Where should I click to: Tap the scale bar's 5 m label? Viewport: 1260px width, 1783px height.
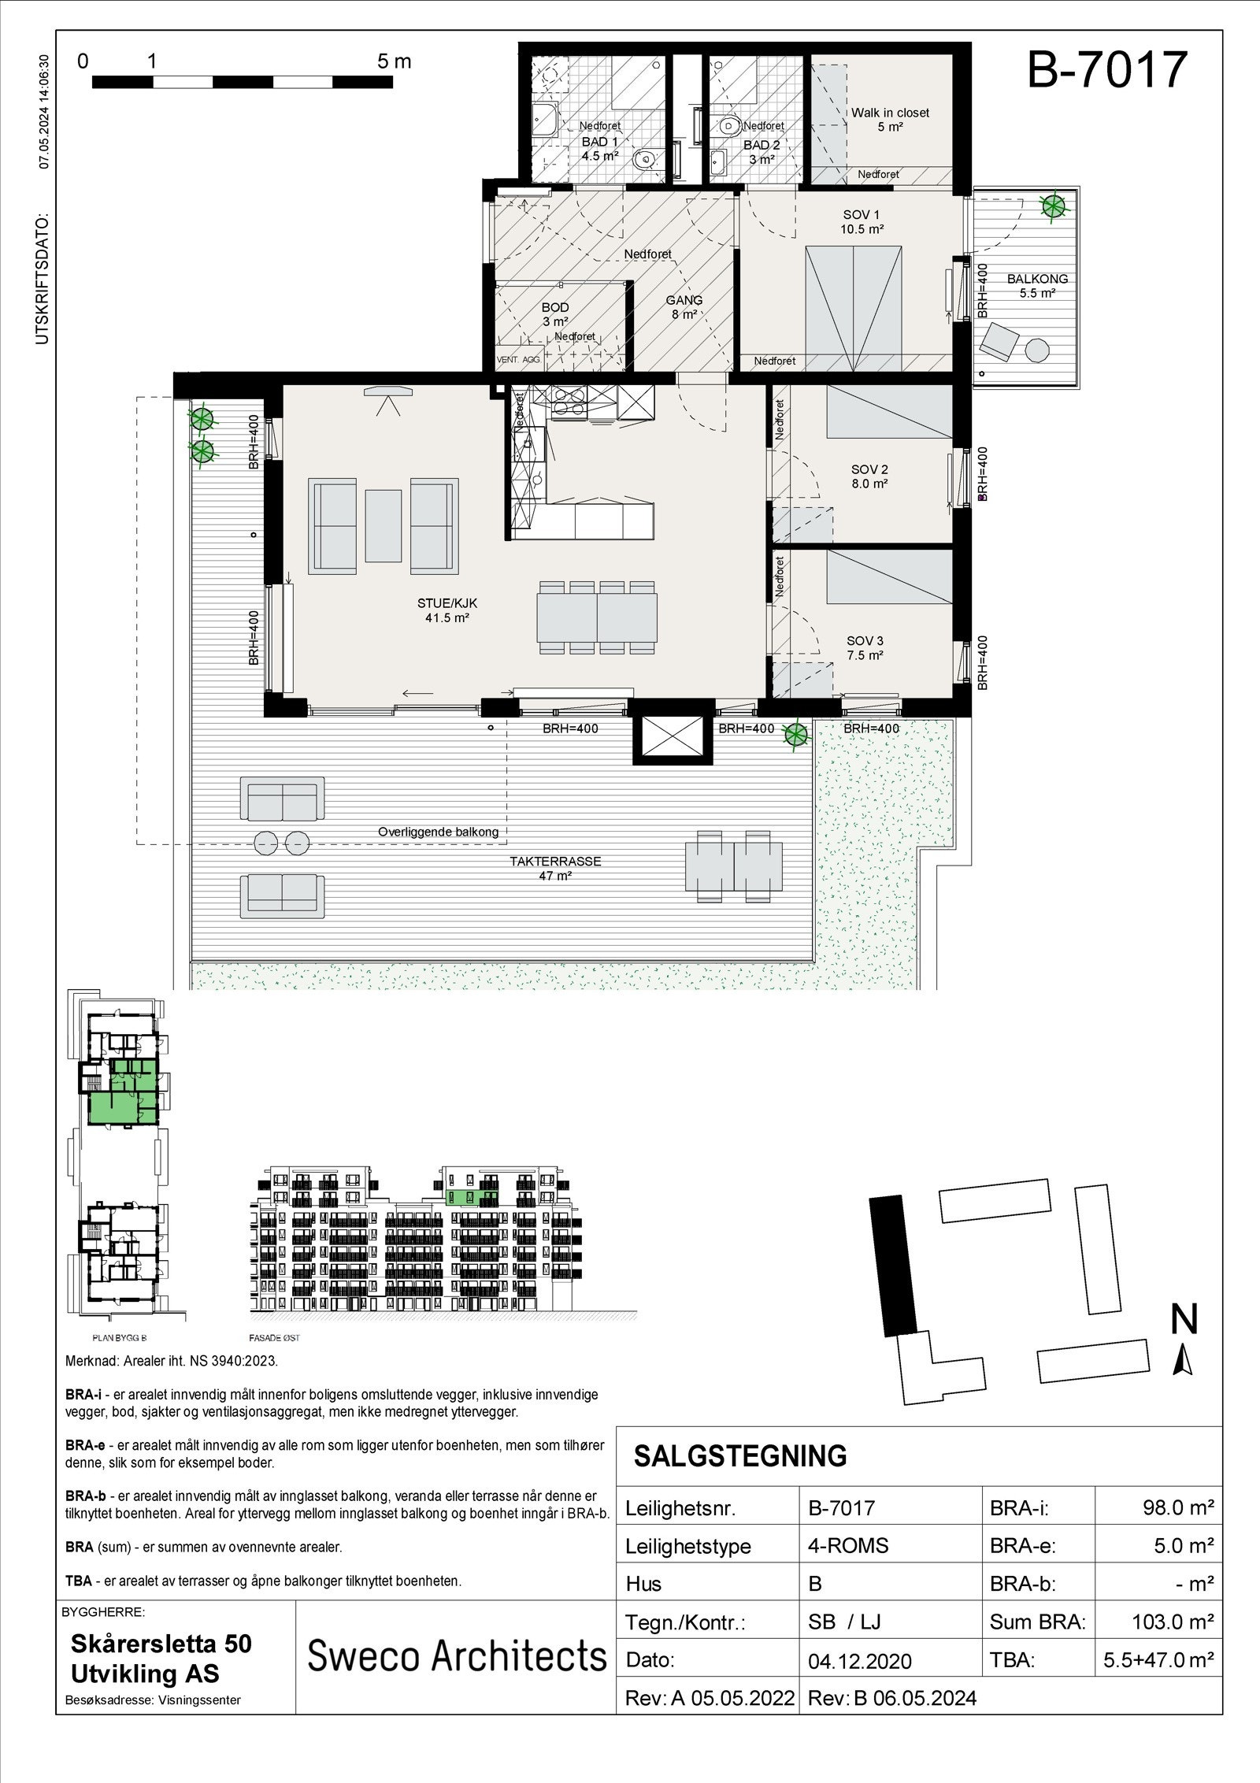394,61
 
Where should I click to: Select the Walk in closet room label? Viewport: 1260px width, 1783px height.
890,119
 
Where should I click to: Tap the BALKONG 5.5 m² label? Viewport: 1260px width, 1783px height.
1037,285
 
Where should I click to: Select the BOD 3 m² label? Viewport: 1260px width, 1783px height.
555,314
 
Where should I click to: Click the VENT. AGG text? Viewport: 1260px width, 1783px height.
518,359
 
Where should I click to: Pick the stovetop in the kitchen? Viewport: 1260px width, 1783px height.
568,402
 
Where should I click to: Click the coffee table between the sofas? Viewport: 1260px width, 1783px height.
384,525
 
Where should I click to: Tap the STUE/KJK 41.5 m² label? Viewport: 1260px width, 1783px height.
447,610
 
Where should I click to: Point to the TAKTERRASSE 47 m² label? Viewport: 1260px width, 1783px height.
555,868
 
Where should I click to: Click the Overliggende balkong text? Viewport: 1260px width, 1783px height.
438,832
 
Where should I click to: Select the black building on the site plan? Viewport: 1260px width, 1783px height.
893,1265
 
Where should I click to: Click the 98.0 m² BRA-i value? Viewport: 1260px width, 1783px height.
1177,1508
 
